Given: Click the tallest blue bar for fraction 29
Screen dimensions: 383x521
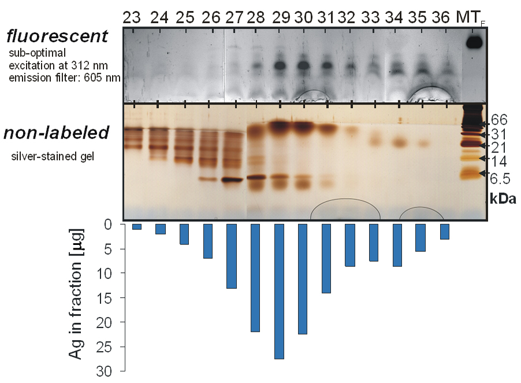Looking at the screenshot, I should click(279, 291).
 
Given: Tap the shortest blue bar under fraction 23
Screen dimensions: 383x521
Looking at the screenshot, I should click(137, 226).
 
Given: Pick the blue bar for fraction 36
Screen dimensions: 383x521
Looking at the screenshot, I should click(445, 231).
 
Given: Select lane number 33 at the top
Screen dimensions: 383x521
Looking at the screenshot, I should click(373, 18).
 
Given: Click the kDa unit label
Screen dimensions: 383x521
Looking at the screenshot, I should click(503, 199).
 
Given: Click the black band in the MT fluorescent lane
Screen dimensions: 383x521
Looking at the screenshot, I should click(474, 42).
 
